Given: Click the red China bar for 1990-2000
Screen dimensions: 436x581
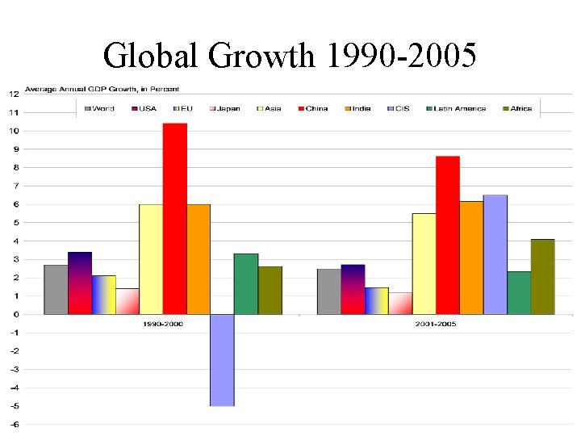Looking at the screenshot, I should pos(174,218).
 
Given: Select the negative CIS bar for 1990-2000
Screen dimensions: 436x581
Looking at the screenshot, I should pos(222,360).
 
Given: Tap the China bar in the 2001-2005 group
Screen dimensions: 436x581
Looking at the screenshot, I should pos(448,235).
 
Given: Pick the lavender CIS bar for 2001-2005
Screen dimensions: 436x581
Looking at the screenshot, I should pos(495,254).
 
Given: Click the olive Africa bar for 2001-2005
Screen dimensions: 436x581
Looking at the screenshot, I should pos(543,276).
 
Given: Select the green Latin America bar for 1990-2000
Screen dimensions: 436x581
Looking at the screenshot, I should pos(246,283).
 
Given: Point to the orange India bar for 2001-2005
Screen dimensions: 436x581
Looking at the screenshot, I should pos(471,258).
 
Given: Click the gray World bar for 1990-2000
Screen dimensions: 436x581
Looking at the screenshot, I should pos(56,289).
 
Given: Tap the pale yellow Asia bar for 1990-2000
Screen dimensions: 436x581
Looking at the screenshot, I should pos(151,259).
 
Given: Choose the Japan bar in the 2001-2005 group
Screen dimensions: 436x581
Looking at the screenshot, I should pos(400,303).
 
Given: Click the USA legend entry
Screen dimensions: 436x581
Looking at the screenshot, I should pos(145,108).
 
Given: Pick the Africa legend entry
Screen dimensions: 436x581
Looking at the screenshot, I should pos(517,108).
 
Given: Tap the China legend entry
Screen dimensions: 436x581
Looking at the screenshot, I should pos(312,108).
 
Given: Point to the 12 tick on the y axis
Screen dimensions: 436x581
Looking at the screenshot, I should pos(15,94).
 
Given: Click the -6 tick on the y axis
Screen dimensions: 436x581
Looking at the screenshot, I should pos(15,424).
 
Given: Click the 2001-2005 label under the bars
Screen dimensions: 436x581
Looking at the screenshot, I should pos(436,323).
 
